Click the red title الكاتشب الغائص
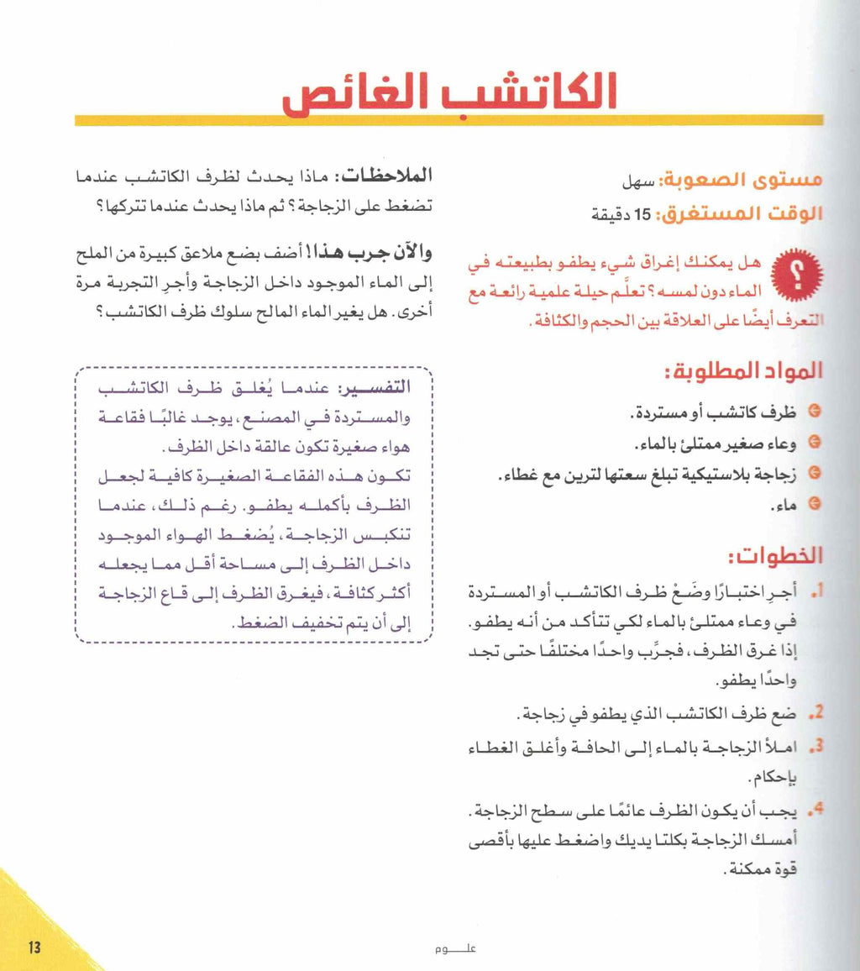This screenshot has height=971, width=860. click(x=449, y=92)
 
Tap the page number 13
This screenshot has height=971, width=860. click(x=34, y=947)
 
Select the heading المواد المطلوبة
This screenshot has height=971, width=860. click(x=753, y=371)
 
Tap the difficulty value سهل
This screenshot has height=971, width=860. click(x=637, y=181)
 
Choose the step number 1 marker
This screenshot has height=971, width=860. click(x=813, y=593)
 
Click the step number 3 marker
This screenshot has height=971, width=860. click(x=812, y=746)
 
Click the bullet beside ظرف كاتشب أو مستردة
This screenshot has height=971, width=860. click(x=812, y=413)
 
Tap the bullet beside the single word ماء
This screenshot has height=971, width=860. click(x=812, y=505)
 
